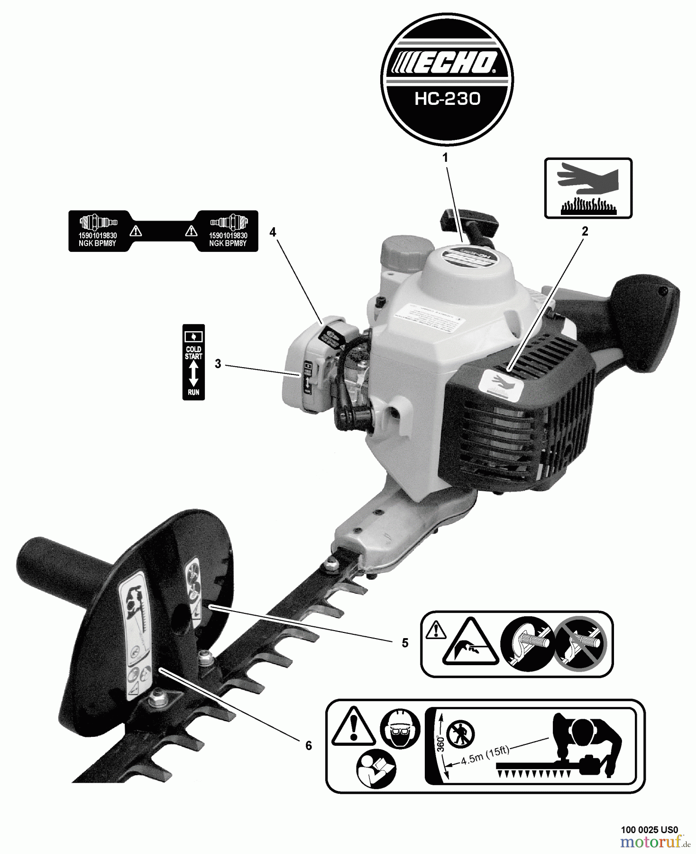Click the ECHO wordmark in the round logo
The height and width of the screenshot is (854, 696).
click(x=447, y=63)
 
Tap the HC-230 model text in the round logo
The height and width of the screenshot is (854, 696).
click(x=447, y=99)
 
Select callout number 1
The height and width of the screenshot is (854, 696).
click(x=445, y=158)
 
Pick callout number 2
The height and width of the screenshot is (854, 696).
click(x=585, y=232)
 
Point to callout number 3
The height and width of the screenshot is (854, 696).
click(x=218, y=364)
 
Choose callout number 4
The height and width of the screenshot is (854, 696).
click(x=273, y=232)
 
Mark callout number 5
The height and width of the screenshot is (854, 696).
click(x=404, y=643)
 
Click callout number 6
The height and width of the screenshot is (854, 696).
click(x=309, y=746)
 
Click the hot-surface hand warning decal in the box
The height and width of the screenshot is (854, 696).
click(x=588, y=188)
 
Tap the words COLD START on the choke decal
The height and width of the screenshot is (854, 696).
click(x=193, y=353)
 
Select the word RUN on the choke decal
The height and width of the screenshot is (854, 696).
click(x=193, y=392)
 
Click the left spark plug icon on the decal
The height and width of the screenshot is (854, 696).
click(x=98, y=221)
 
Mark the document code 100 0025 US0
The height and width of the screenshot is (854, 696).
click(x=650, y=830)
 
